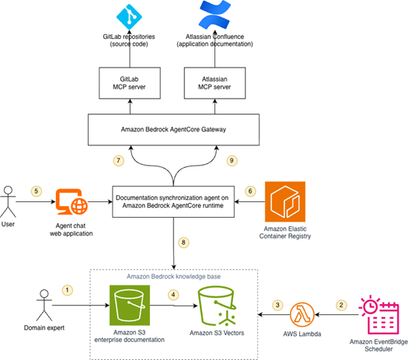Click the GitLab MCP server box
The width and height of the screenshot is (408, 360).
tap(130, 83)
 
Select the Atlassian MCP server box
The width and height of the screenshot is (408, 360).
tap(214, 83)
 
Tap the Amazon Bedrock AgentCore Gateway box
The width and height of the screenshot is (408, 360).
tap(173, 130)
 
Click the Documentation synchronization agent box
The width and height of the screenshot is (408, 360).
tap(173, 201)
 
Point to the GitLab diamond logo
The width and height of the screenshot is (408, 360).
tap(129, 16)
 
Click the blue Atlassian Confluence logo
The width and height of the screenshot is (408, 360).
tap(215, 14)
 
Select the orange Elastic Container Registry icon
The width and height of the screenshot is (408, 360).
tap(285, 201)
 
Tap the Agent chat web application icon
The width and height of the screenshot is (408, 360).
tap(71, 201)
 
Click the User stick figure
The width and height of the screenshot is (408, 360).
tap(8, 201)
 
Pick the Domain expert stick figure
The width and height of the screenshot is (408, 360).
tap(44, 306)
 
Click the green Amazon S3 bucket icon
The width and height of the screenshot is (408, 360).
tap(130, 306)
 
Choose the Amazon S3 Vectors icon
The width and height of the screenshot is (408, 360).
tap(217, 306)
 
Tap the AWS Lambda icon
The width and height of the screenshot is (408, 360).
tap(302, 315)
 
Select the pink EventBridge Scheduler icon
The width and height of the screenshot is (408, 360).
tap(378, 315)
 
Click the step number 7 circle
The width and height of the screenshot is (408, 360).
tap(119, 160)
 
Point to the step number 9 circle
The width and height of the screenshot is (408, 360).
tap(232, 160)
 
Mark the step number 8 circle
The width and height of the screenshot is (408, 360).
tap(183, 243)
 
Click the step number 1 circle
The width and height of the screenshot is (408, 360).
tap(68, 290)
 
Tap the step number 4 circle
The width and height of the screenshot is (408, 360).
tap(173, 295)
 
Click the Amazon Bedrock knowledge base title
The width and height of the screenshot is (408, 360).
tap(173, 277)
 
